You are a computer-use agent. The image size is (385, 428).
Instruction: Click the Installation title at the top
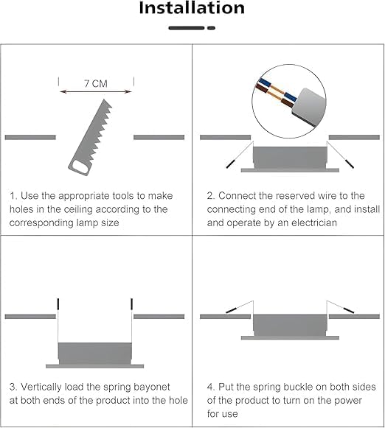[x=192, y=7]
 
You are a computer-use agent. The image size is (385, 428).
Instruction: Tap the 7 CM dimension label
[x=96, y=83]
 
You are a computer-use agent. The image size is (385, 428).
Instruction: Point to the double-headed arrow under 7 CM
[x=96, y=91]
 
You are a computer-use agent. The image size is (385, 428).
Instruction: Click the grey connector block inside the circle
[x=309, y=107]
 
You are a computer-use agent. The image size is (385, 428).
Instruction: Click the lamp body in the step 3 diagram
[x=95, y=353]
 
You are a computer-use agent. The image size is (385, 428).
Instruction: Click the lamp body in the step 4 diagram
[x=290, y=326]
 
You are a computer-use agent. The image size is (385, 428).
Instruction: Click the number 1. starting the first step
[x=14, y=196]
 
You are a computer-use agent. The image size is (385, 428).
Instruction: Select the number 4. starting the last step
[x=211, y=387]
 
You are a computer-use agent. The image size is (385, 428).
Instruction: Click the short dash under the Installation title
[x=211, y=28]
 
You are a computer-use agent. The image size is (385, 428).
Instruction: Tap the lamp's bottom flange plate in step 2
[x=290, y=170]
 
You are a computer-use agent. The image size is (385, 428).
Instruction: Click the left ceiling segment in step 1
[x=30, y=137]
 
